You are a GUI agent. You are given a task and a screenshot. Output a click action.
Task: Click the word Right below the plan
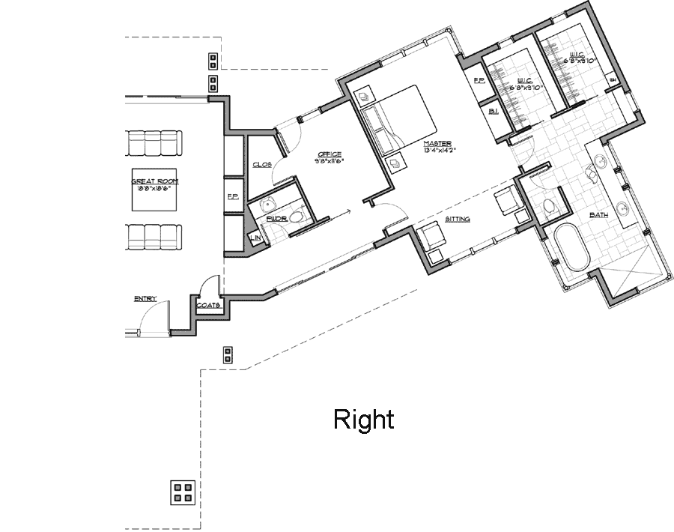pos(363,420)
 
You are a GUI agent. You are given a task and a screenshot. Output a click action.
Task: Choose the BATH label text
pos(598,215)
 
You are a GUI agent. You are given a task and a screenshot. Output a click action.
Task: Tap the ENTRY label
pos(145,299)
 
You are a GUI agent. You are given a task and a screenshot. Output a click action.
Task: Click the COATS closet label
pos(207,305)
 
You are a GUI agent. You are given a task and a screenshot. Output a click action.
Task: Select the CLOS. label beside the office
pos(261,164)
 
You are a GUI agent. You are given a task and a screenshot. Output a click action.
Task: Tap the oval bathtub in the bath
pos(573,247)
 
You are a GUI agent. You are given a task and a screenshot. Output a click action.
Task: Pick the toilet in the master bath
pos(549,207)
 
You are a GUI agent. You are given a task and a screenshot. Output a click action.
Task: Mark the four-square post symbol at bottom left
pos(180,492)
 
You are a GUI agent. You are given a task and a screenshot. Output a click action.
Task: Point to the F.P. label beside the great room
pos(233,197)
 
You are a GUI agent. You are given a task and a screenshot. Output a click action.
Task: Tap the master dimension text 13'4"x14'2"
pos(440,150)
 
